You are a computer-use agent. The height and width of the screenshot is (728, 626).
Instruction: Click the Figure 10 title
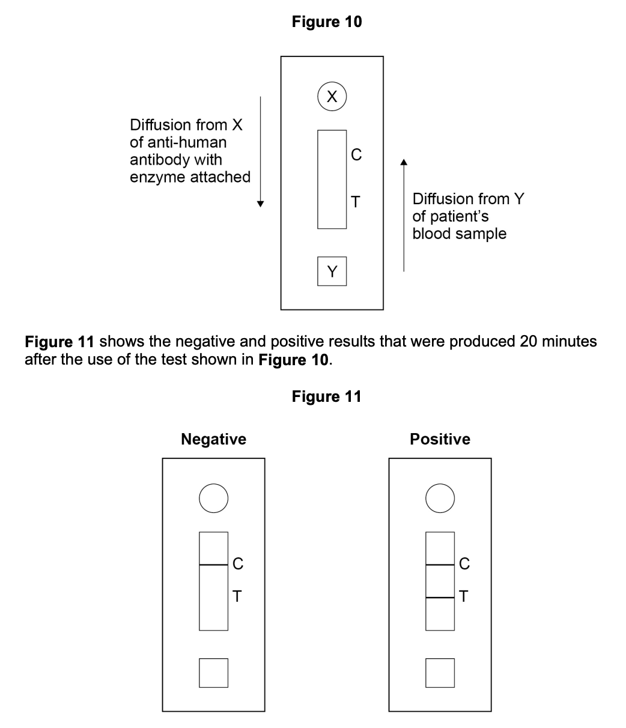327,22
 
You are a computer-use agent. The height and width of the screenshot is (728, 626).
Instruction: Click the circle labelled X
332,96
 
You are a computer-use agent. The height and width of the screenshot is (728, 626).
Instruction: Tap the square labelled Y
332,271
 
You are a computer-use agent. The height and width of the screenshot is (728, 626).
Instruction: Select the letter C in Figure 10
356,155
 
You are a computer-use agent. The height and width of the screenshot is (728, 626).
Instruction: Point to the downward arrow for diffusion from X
260,150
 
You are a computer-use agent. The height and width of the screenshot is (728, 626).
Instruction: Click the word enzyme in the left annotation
158,177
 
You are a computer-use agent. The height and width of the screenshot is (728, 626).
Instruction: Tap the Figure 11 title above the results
327,396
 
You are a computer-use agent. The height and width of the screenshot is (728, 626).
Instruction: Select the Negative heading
213,440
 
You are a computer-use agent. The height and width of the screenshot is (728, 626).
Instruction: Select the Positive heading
440,440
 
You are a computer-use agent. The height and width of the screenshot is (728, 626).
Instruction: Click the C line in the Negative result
213,565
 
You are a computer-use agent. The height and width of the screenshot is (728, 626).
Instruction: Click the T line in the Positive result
440,598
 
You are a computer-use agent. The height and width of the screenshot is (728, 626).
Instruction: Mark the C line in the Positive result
440,565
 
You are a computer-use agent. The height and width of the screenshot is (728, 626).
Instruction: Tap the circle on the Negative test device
213,499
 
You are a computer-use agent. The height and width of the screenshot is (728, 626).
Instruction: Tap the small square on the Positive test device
440,673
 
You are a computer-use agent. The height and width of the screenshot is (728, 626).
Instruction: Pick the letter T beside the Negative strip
237,596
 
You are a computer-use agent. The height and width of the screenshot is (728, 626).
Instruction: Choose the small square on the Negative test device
213,673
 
